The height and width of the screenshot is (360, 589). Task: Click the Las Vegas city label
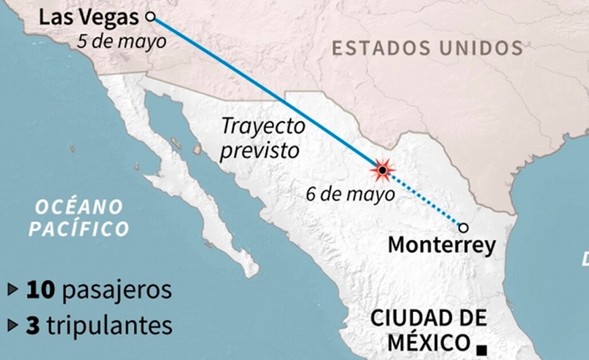tap(89, 17)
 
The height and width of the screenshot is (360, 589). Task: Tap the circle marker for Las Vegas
tap(150, 17)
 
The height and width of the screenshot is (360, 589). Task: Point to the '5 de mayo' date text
tap(122, 41)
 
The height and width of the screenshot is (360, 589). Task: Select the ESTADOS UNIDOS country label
tap(427, 48)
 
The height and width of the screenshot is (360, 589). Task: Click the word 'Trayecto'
tap(263, 126)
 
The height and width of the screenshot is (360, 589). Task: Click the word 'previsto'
tap(260, 151)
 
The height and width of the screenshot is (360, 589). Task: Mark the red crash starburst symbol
tap(382, 170)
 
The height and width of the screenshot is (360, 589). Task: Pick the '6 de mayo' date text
tap(350, 194)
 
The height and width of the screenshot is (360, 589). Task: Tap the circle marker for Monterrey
tap(463, 228)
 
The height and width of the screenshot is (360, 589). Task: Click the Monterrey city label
tap(442, 246)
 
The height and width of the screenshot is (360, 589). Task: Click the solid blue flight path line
tap(263, 91)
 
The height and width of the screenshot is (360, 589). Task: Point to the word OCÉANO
tap(79, 206)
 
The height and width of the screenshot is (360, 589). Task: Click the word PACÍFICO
tap(79, 229)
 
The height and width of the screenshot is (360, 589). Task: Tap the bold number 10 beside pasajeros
tap(40, 290)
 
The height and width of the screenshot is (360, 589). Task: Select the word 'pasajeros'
tap(117, 290)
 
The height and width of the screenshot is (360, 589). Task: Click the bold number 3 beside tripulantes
tap(33, 325)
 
